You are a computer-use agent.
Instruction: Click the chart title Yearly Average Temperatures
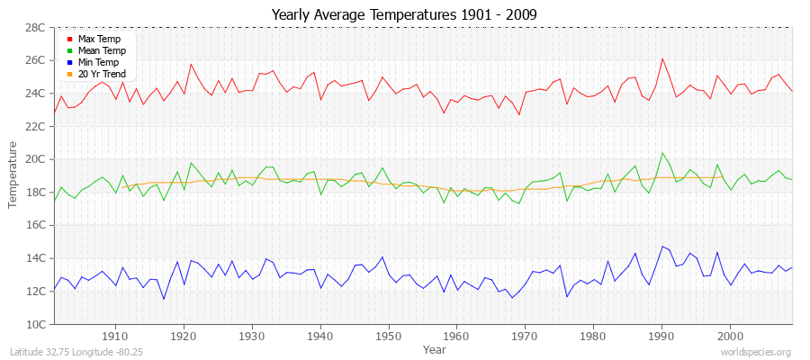click(404, 14)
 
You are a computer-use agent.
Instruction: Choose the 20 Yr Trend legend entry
click(102, 74)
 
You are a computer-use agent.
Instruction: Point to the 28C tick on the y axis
click(35, 28)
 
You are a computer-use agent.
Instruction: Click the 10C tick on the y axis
click(35, 324)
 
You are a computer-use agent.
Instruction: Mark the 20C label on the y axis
click(35, 159)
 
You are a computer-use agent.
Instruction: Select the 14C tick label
click(35, 258)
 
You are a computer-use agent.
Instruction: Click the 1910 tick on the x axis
click(115, 336)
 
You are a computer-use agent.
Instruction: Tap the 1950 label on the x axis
click(388, 336)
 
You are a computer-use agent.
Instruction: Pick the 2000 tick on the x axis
click(730, 336)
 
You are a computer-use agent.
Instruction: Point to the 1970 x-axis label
click(525, 336)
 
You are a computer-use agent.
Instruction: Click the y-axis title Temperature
click(13, 175)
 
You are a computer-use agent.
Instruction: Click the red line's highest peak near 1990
click(662, 58)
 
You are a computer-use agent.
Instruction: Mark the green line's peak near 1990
click(662, 153)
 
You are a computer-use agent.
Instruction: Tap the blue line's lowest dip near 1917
click(164, 299)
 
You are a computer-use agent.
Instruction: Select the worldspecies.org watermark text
click(757, 352)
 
